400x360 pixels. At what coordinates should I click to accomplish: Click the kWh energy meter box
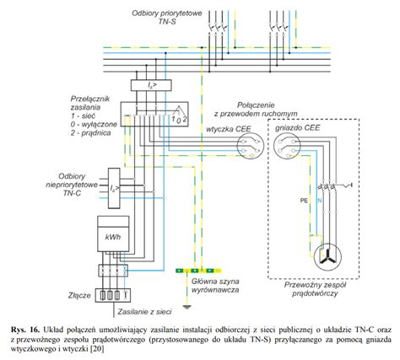pyautogui.click(x=113, y=234)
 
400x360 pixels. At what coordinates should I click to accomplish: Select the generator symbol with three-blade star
pyautogui.click(x=327, y=257)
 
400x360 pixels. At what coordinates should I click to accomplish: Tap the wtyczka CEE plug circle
pyautogui.click(x=250, y=145)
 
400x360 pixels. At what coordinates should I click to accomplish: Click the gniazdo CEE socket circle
pyautogui.click(x=287, y=145)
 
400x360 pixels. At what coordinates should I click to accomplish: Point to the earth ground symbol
pyautogui.click(x=186, y=306)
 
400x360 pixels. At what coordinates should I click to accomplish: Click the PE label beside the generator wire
pyautogui.click(x=304, y=201)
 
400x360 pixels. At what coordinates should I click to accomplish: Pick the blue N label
pyautogui.click(x=320, y=201)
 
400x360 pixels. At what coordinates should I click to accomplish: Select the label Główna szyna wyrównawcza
pyautogui.click(x=215, y=285)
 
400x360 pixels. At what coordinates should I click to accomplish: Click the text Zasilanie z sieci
pyautogui.click(x=144, y=312)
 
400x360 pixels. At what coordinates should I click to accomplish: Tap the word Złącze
pyautogui.click(x=79, y=295)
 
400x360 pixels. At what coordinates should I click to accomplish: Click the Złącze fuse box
pyautogui.click(x=113, y=295)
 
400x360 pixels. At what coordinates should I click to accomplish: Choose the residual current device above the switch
pyautogui.click(x=151, y=85)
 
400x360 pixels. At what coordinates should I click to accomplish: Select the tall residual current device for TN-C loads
pyautogui.click(x=114, y=188)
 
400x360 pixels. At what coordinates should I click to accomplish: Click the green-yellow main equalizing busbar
pyautogui.click(x=198, y=271)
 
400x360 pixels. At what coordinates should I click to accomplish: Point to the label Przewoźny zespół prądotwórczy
pyautogui.click(x=315, y=289)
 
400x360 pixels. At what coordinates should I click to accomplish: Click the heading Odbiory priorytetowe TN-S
pyautogui.click(x=167, y=17)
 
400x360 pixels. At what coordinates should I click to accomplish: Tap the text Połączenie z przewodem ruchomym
pyautogui.click(x=256, y=110)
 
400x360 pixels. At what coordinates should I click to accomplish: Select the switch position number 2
pyautogui.click(x=185, y=119)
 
